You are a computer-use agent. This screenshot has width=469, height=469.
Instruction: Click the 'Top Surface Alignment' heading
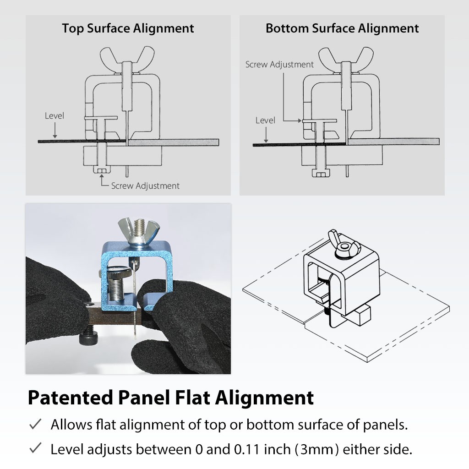(x=128, y=28)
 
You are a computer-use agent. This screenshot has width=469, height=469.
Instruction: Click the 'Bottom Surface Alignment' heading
(x=342, y=28)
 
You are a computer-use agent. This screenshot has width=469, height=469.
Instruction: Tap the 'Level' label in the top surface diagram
(x=55, y=116)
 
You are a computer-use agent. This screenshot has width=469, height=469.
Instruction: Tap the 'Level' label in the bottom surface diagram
(x=265, y=120)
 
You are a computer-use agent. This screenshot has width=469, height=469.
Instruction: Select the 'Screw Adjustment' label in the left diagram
(x=145, y=186)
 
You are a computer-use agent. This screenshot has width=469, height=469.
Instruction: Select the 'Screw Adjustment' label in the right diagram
(x=279, y=65)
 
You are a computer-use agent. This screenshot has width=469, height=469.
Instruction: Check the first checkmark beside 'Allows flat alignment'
(x=35, y=425)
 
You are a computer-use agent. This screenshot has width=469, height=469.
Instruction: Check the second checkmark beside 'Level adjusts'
(x=35, y=448)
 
